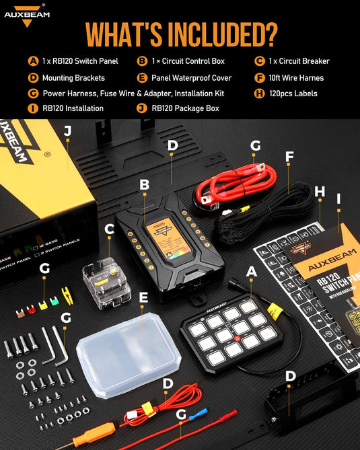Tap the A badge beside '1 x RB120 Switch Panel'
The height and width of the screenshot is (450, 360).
coord(32,61)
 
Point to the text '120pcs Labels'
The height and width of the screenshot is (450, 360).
coord(293,93)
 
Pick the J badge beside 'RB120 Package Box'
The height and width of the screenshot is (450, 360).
coord(141,108)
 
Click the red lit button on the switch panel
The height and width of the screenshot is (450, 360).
coord(240,328)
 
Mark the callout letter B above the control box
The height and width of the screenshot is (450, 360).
coord(143,184)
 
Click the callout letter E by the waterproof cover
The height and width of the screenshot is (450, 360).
coord(143,295)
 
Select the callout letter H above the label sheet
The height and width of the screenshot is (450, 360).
coord(320,192)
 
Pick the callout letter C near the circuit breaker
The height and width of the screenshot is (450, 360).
coord(109,229)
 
